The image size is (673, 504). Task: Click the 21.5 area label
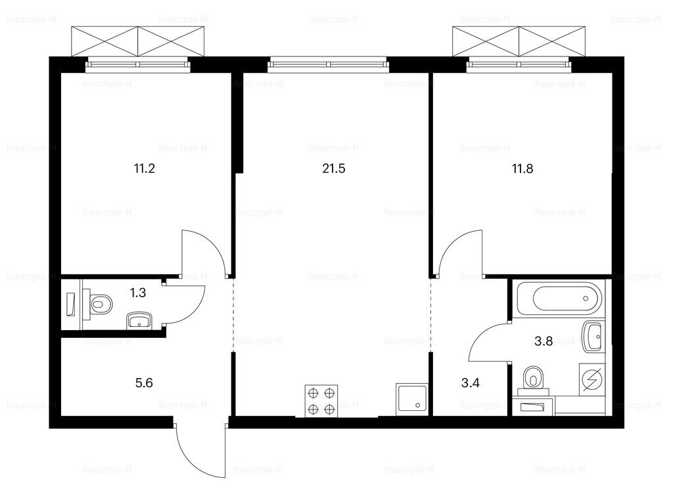point(333,169)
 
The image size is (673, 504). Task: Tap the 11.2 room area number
point(144,169)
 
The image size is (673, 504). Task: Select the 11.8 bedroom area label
point(522,169)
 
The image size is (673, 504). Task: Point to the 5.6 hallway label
point(144,383)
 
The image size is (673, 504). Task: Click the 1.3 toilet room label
point(138,293)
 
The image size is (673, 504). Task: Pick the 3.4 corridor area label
point(471,383)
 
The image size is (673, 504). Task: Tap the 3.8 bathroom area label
point(544,341)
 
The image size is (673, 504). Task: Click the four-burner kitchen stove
point(321,401)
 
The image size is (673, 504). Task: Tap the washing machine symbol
point(592,379)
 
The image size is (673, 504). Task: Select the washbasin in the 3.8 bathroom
point(593,337)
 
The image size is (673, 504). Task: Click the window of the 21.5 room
point(329,65)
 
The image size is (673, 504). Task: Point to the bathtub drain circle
point(586,299)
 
